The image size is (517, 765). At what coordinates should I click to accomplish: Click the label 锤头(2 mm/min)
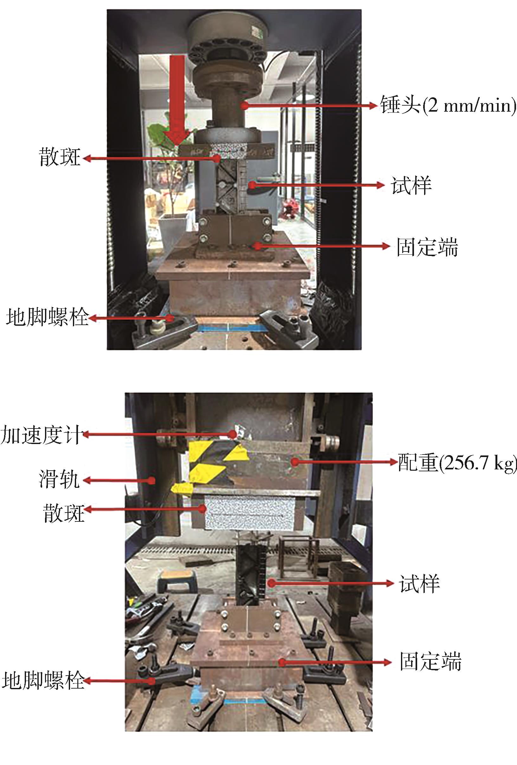(448, 105)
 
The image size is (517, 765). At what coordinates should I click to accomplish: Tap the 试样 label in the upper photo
(411, 185)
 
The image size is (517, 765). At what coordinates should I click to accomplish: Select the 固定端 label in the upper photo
(427, 247)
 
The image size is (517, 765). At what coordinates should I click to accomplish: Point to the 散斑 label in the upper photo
(60, 157)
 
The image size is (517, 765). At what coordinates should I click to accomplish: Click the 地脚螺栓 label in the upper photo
(47, 317)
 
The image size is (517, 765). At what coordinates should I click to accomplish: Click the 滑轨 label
(59, 479)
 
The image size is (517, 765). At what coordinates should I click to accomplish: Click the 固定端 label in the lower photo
(430, 661)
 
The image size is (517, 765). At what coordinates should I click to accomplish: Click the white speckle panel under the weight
(249, 513)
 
